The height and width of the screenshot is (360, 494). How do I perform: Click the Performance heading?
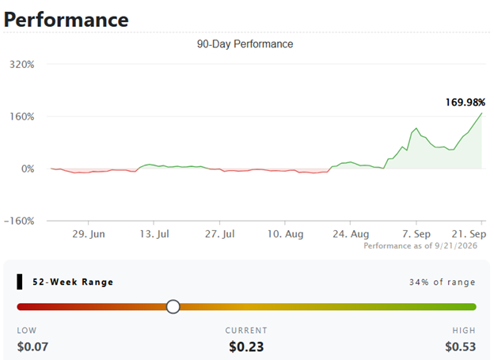pos(66,20)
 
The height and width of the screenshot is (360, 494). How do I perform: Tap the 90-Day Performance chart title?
pos(245,44)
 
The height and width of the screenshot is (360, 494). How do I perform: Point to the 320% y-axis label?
pos(21,65)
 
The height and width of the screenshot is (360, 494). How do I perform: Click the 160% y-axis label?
pos(21,117)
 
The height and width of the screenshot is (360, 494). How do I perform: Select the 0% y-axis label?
pos(28,169)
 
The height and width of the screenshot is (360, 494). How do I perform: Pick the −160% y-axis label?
pos(19,221)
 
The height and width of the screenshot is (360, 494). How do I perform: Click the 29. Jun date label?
pos(89,234)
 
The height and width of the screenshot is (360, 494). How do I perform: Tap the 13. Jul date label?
pos(154,234)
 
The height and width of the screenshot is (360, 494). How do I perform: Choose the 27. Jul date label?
pos(220,234)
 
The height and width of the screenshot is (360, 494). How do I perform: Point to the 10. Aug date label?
pos(286,234)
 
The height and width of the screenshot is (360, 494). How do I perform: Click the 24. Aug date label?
pos(351,234)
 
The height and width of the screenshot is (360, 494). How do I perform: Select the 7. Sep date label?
pos(416,234)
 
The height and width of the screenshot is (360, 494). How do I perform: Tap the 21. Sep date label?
pos(469,234)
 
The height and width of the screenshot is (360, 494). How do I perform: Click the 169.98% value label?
pos(465,102)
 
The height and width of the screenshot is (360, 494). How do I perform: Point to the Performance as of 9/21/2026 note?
pos(420,245)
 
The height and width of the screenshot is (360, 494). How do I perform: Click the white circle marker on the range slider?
pos(173,306)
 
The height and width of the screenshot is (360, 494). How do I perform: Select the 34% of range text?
pos(442,282)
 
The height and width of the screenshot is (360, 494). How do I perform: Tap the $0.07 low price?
pos(32,347)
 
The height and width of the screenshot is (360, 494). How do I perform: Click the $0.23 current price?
pos(246,347)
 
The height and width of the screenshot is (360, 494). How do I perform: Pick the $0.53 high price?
pos(460,347)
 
